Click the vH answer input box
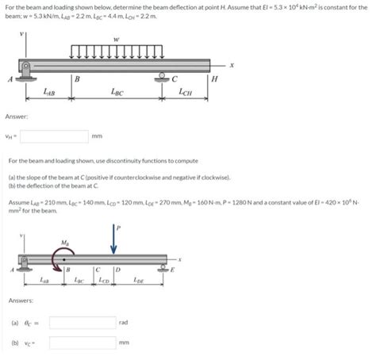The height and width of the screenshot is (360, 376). coord(54,136)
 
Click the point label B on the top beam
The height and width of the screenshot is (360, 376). coord(75,78)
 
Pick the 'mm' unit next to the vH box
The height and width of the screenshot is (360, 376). coord(97,136)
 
